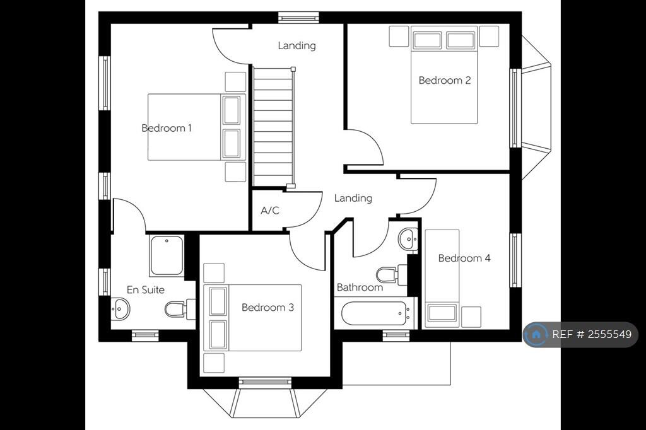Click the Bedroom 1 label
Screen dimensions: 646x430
click(167, 128)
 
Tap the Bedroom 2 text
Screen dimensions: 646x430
click(445, 80)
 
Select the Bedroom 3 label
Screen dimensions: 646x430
click(267, 307)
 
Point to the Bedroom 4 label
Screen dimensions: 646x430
click(464, 259)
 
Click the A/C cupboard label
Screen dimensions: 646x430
click(270, 211)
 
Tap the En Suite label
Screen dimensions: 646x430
click(146, 290)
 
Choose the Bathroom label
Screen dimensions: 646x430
click(360, 287)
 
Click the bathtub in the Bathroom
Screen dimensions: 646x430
click(374, 313)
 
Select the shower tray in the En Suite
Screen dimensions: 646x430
click(167, 255)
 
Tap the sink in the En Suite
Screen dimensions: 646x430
click(120, 308)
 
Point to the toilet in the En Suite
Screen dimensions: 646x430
click(180, 309)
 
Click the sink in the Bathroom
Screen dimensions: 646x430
click(408, 239)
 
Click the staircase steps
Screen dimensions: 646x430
click(273, 127)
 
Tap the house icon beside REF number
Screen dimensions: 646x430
click(536, 334)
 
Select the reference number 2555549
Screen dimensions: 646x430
click(609, 334)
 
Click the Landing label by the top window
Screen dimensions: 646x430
click(297, 45)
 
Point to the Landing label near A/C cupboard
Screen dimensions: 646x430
click(353, 198)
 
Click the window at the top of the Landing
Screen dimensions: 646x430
click(298, 17)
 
